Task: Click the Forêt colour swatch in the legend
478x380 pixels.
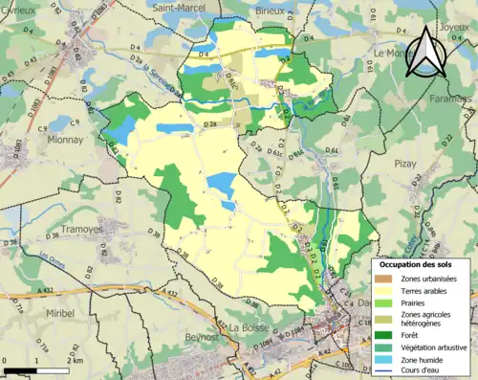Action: point(383,335)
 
